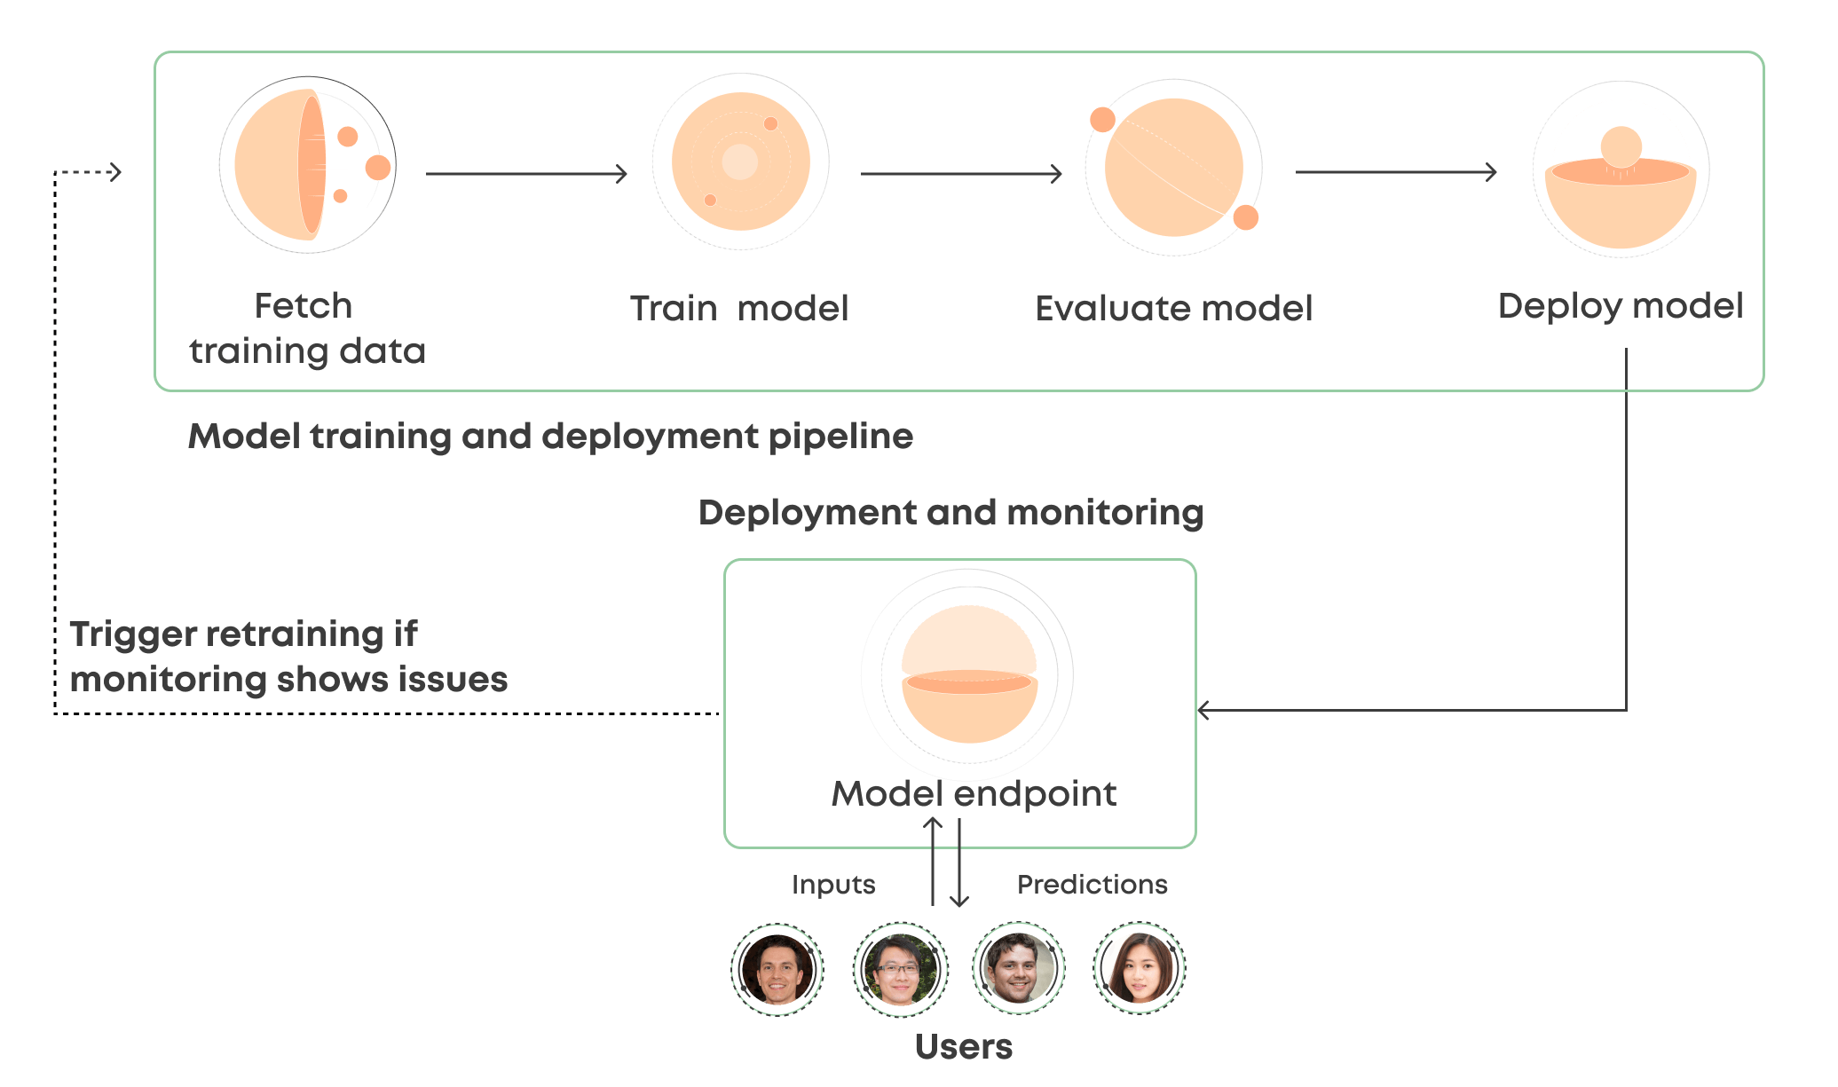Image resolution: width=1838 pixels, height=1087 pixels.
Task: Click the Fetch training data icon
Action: (307, 166)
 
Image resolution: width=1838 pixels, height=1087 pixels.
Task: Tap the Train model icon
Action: (740, 161)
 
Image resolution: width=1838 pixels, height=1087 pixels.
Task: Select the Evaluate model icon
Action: (1173, 168)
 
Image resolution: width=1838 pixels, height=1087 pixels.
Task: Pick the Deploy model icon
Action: (1621, 169)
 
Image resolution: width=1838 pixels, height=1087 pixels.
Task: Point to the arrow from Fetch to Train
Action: (526, 174)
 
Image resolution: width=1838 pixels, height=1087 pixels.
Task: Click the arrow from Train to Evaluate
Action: (961, 174)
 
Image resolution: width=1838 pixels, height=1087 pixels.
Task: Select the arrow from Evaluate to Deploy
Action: (1396, 172)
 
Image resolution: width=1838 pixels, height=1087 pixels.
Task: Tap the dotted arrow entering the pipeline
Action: (87, 172)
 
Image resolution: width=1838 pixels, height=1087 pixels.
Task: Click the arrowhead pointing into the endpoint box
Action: (1204, 710)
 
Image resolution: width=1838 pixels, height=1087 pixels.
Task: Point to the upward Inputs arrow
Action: (933, 861)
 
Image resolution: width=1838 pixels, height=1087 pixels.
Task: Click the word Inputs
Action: (832, 885)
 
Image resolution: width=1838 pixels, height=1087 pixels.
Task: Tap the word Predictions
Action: (1092, 885)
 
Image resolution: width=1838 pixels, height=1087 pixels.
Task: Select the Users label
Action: (963, 1047)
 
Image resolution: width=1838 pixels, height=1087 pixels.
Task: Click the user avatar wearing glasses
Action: (900, 968)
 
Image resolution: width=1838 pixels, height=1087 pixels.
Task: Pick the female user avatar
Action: (1140, 968)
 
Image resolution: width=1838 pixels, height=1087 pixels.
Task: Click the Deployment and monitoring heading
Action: (951, 513)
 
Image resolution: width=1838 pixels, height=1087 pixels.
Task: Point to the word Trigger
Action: (133, 634)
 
